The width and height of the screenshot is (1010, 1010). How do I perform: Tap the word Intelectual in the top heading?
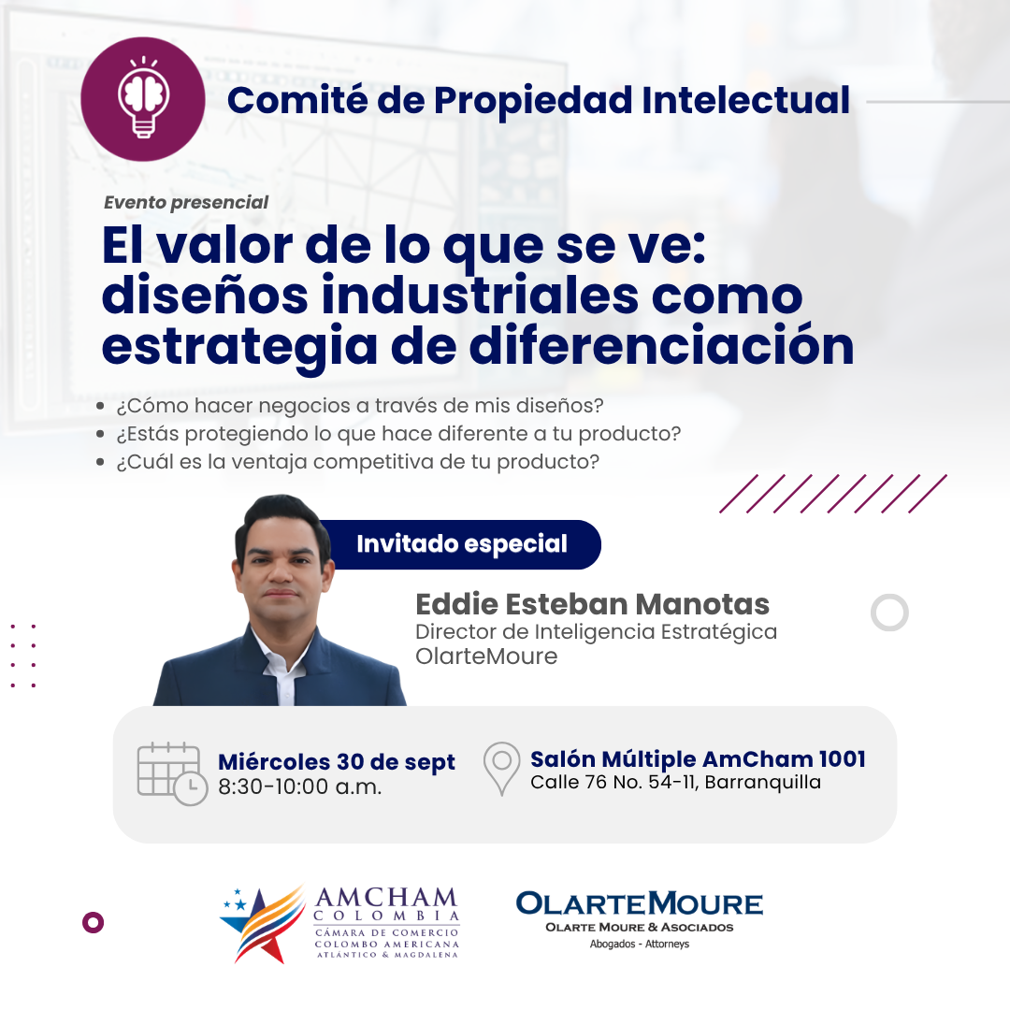746,100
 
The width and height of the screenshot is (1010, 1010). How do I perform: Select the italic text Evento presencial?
186,202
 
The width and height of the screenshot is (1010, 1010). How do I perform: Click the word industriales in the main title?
481,296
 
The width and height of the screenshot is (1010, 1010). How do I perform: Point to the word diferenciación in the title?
661,346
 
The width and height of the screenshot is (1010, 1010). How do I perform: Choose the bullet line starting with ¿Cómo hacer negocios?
359,406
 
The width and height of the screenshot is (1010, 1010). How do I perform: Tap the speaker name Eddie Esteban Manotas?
593,604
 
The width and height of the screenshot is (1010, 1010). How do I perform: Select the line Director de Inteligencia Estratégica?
597,632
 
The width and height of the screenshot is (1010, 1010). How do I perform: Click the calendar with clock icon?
172,773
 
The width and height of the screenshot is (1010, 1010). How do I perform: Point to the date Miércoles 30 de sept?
337,762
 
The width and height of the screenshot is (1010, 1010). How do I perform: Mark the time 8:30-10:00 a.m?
299,786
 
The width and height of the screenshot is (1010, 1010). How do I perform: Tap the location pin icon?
502,769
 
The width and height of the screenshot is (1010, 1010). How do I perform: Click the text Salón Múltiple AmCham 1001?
698,759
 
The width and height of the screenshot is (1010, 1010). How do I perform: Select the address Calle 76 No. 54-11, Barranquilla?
676,782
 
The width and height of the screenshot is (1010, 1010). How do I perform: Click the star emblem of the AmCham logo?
263,924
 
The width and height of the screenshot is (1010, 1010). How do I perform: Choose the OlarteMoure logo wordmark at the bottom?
639,903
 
